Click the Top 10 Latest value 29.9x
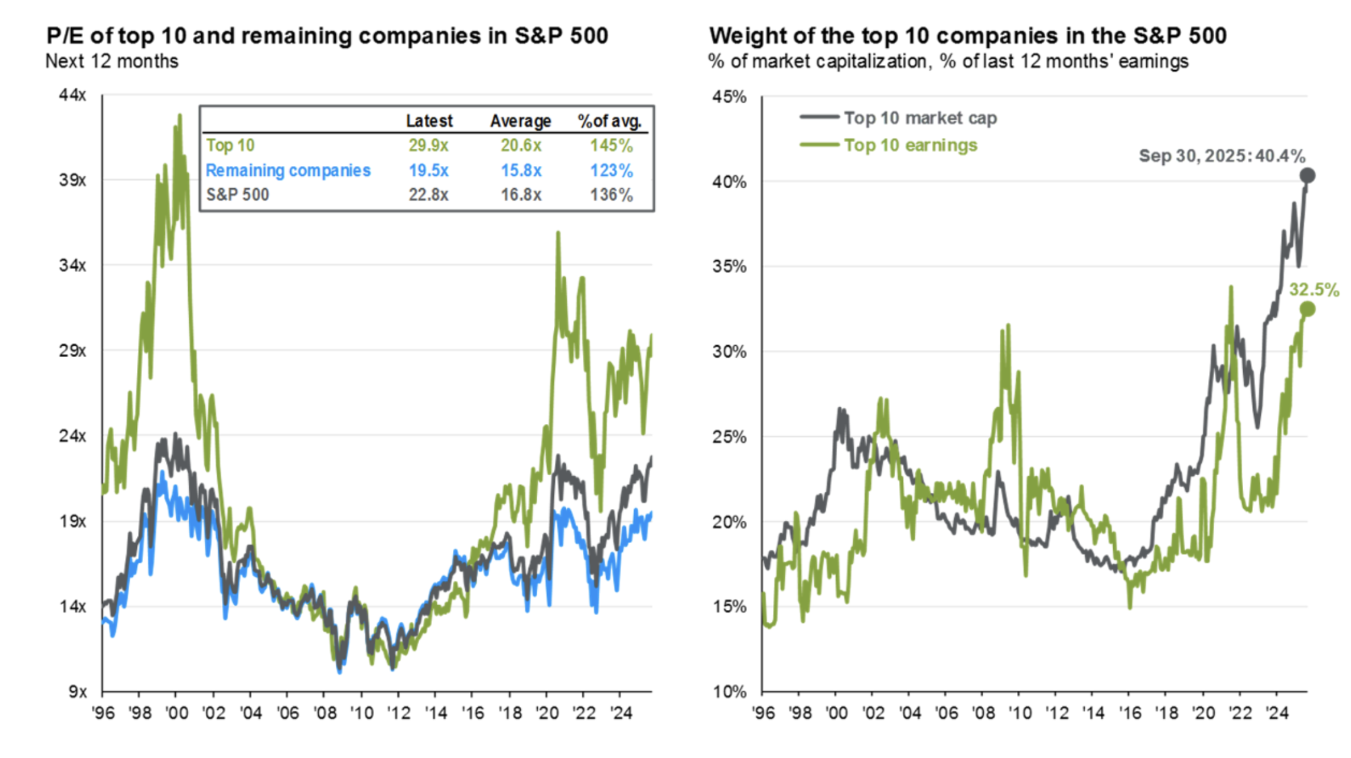(x=428, y=145)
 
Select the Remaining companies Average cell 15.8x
(x=521, y=170)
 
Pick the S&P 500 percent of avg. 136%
(x=611, y=195)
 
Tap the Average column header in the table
(x=521, y=121)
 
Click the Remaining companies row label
(x=288, y=170)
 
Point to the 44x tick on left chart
(x=73, y=95)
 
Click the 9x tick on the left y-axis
(x=77, y=692)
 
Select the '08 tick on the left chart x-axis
(x=324, y=713)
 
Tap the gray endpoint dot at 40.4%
(x=1307, y=176)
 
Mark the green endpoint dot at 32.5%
(x=1307, y=309)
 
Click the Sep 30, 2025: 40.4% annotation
(x=1222, y=156)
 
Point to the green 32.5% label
(x=1314, y=290)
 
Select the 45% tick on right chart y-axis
(x=729, y=97)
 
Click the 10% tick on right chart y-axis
(x=729, y=692)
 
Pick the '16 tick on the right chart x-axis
(x=1130, y=713)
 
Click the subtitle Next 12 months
(x=112, y=62)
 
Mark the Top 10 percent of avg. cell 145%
(x=611, y=145)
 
